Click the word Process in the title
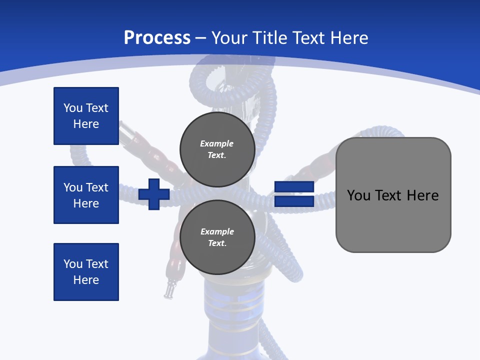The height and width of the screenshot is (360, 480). coord(157,38)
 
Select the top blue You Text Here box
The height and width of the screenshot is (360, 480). coord(86,116)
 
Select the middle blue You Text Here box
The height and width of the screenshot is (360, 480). coord(86,195)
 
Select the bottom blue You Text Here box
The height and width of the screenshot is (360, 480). coord(86,272)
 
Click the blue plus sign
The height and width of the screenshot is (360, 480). coord(154,194)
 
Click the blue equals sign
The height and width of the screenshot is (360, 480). coord(294,194)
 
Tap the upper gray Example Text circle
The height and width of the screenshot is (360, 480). coord(217,149)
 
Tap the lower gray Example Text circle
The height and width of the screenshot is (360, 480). coord(217,237)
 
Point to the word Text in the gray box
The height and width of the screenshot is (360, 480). coord(390,195)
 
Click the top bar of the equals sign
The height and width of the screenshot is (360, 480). coord(294,187)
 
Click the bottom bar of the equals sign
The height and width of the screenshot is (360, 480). coord(294,201)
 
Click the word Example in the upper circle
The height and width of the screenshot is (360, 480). coord(217,143)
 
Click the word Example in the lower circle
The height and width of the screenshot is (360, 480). coord(217,231)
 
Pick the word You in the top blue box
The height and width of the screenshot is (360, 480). coord(72,108)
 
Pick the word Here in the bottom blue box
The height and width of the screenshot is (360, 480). coord(86,280)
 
